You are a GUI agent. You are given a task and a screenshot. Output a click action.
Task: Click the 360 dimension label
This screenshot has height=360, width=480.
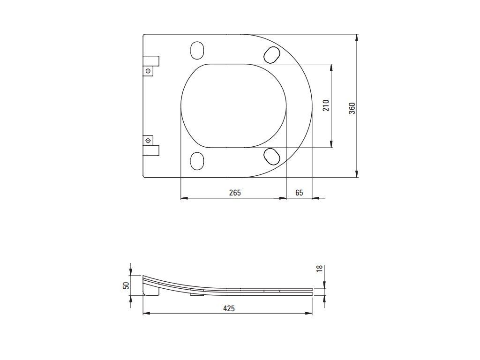pyautogui.click(x=352, y=108)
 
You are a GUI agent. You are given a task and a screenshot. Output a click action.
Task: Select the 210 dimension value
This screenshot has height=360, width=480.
pyautogui.click(x=326, y=105)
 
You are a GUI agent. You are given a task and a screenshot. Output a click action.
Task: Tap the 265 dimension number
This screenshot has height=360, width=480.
pyautogui.click(x=235, y=193)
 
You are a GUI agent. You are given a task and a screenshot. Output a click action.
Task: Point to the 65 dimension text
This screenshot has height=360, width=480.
pyautogui.click(x=299, y=193)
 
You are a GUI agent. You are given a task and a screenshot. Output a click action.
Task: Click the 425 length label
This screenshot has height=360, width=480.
pyautogui.click(x=229, y=308)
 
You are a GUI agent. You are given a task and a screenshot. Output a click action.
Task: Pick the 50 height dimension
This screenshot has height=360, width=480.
pyautogui.click(x=126, y=285)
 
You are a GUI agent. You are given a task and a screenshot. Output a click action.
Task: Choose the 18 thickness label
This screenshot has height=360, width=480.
pyautogui.click(x=319, y=269)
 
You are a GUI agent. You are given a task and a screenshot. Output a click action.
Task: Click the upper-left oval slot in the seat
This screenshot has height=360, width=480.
pyautogui.click(x=197, y=50)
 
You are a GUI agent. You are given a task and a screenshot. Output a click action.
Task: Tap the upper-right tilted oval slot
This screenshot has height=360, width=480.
pyautogui.click(x=272, y=54)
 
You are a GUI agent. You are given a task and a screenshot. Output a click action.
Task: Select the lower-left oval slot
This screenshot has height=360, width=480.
pyautogui.click(x=197, y=161)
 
